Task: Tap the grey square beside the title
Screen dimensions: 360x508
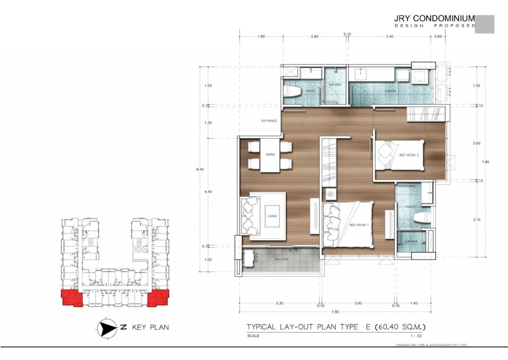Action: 485,24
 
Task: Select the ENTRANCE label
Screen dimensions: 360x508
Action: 269,121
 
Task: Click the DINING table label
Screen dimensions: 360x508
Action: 270,154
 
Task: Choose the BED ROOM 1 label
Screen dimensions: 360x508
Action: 360,225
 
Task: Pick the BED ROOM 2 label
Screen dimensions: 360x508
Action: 409,155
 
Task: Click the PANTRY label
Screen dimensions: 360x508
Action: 391,92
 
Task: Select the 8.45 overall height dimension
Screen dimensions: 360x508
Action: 200,169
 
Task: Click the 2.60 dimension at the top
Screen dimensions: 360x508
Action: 315,36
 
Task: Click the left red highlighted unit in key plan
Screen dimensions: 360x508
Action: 71,298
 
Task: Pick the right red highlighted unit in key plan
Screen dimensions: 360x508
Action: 158,298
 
